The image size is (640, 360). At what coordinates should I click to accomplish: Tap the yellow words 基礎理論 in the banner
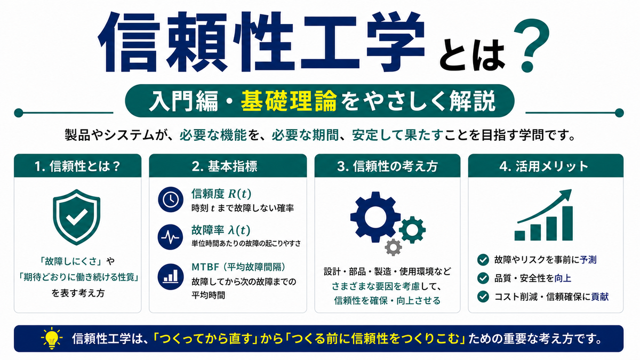289,101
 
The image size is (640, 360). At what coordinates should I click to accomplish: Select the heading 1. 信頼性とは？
77,166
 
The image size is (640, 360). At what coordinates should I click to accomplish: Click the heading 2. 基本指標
225,166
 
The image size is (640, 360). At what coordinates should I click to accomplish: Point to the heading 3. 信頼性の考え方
387,166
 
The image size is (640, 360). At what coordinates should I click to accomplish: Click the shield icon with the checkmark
77,217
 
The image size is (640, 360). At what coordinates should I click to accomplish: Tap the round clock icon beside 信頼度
171,199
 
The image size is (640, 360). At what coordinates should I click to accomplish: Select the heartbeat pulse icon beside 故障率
171,237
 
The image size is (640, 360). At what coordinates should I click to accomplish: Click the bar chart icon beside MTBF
171,277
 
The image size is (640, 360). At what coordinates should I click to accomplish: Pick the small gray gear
393,247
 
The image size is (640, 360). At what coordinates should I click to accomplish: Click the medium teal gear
412,230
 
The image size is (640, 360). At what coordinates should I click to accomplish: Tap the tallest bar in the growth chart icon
567,223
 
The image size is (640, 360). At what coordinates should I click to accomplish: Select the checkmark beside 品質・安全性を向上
483,278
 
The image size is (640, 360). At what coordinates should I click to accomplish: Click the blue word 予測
588,260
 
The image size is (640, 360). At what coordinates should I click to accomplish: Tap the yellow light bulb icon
52,338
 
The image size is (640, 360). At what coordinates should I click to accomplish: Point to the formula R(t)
239,194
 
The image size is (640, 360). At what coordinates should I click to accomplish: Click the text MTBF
205,267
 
